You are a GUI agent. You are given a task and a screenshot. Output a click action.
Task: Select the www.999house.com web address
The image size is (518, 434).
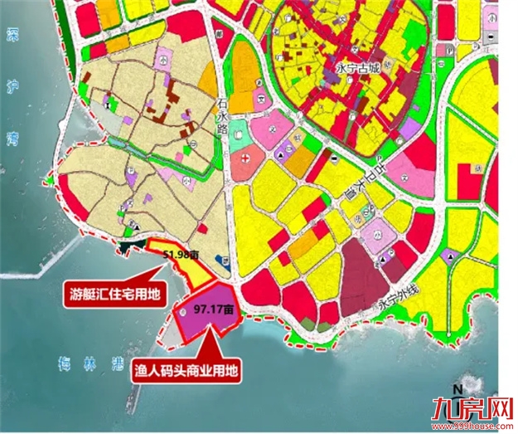click(472, 426)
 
